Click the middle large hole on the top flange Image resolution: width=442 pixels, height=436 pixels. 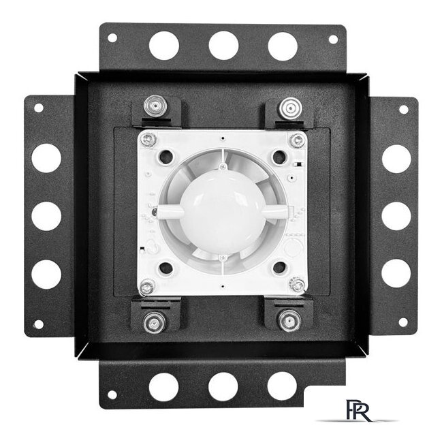[x=223, y=46]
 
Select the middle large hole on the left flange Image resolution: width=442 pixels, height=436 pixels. [x=46, y=216]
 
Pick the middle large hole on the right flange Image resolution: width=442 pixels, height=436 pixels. [x=396, y=216]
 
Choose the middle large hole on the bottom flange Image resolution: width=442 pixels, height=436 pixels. [x=223, y=387]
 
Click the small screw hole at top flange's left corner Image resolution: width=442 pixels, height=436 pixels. [x=112, y=37]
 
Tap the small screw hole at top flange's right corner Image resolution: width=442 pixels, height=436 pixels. [x=333, y=40]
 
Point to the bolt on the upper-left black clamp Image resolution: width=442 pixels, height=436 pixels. [x=154, y=106]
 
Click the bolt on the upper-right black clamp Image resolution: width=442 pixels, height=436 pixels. [x=290, y=108]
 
